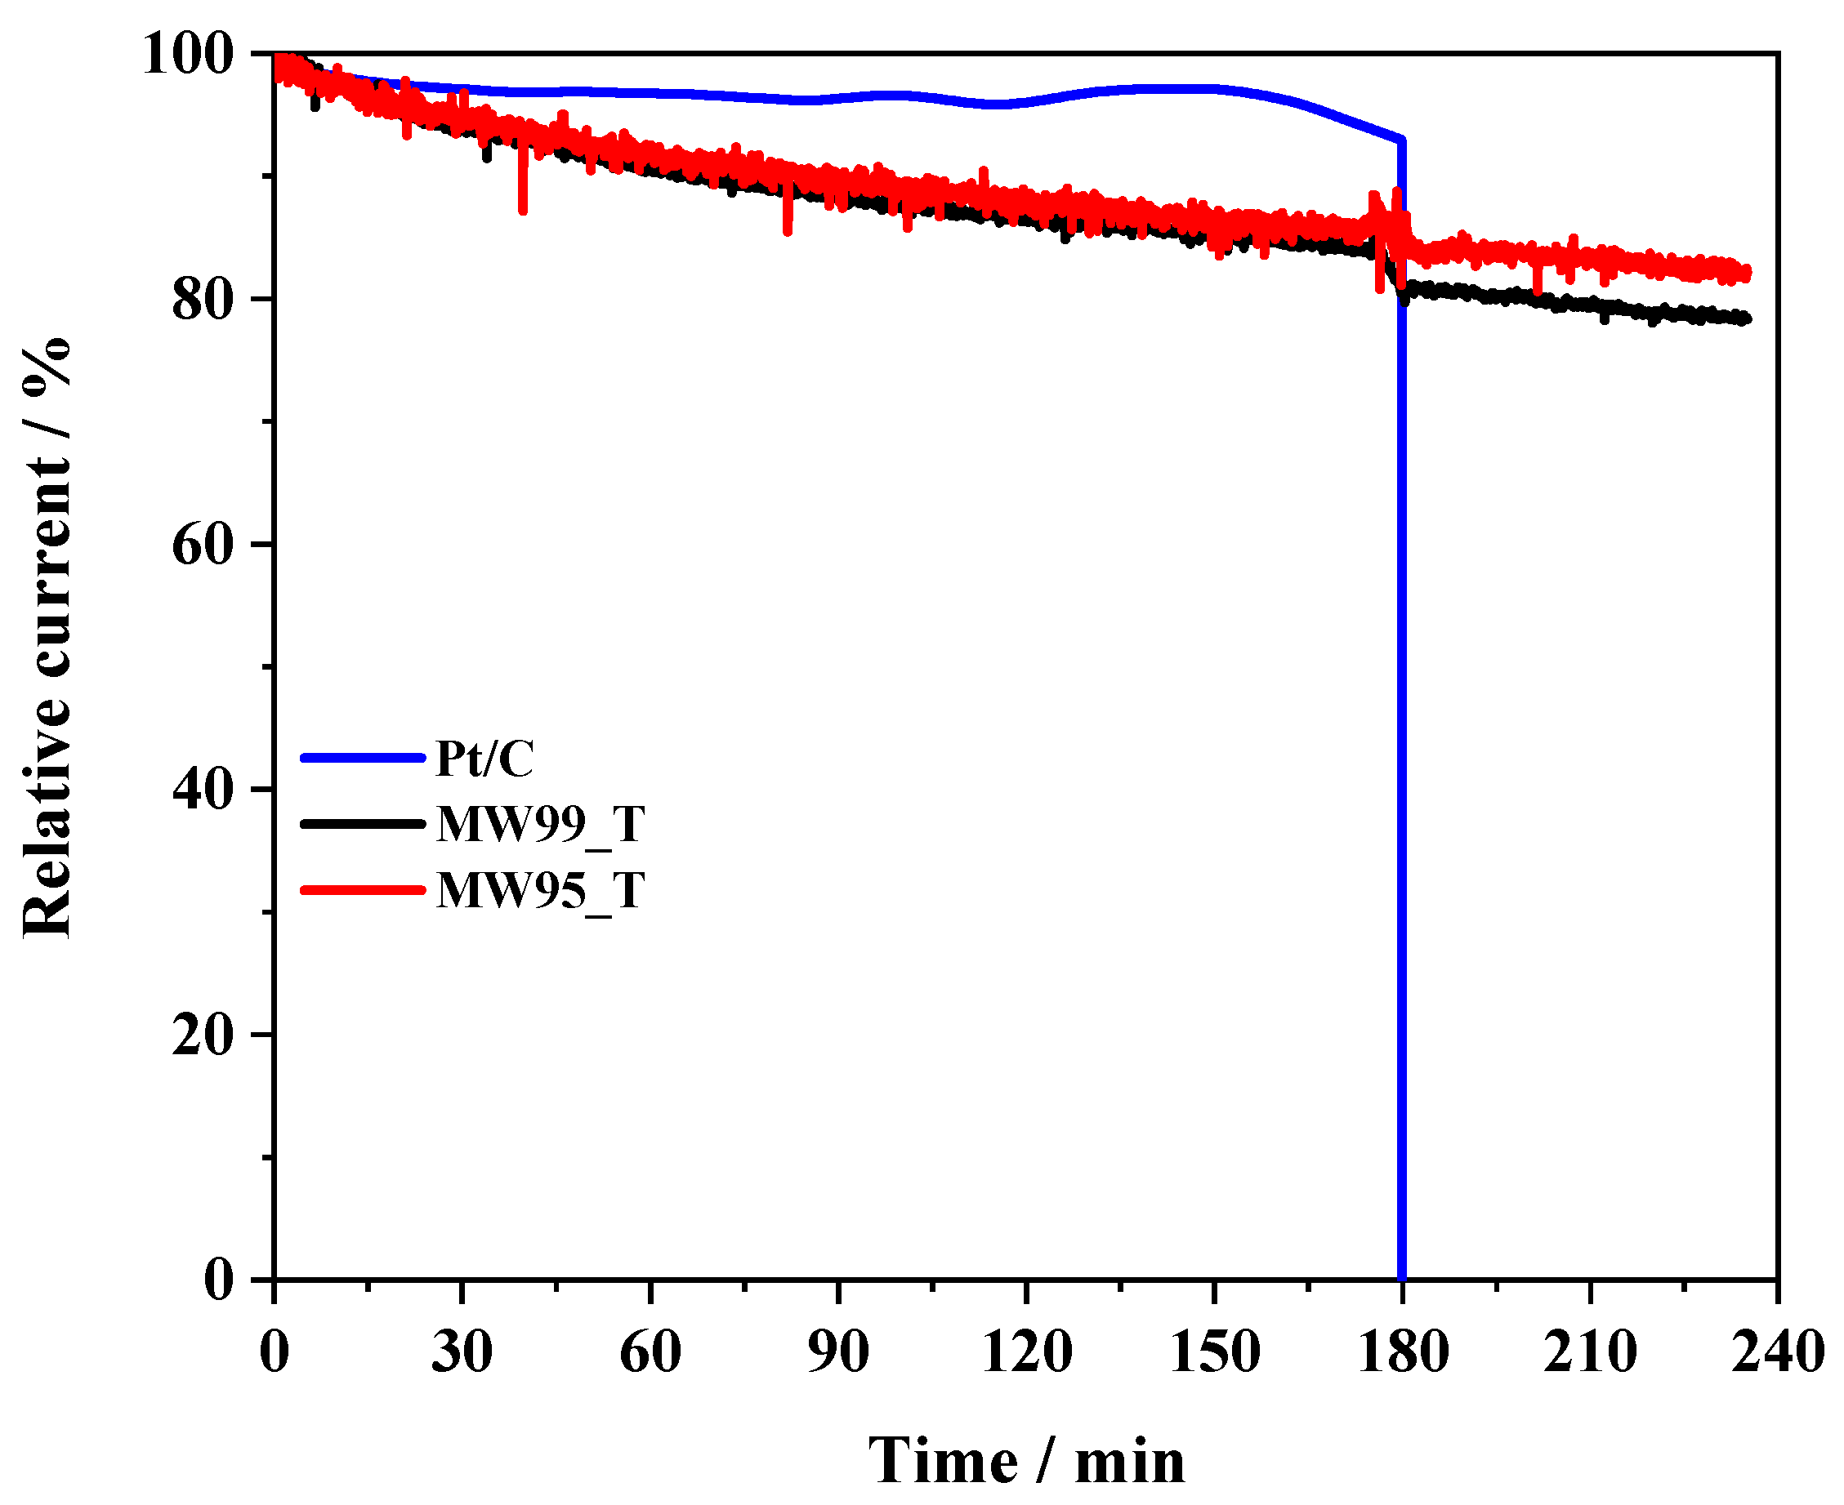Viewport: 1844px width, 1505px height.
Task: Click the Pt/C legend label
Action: point(484,759)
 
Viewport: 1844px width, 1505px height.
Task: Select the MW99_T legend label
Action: point(540,825)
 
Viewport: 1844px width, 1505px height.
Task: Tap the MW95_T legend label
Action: point(540,890)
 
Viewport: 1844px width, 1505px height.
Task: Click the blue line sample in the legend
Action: point(362,759)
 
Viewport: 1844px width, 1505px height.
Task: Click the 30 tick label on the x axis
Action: point(462,1351)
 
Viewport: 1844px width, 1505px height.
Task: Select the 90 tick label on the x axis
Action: point(839,1351)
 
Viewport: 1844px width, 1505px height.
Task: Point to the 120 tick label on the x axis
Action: point(1027,1351)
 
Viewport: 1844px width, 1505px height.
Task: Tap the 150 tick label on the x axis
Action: point(1215,1351)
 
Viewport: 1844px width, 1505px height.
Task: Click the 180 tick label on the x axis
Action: point(1404,1351)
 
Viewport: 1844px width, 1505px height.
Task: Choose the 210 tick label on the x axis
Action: point(1591,1351)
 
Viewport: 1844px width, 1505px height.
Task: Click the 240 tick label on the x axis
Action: point(1778,1351)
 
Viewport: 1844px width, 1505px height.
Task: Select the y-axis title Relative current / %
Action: point(47,637)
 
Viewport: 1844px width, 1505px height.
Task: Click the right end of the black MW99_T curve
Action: point(1746,319)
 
